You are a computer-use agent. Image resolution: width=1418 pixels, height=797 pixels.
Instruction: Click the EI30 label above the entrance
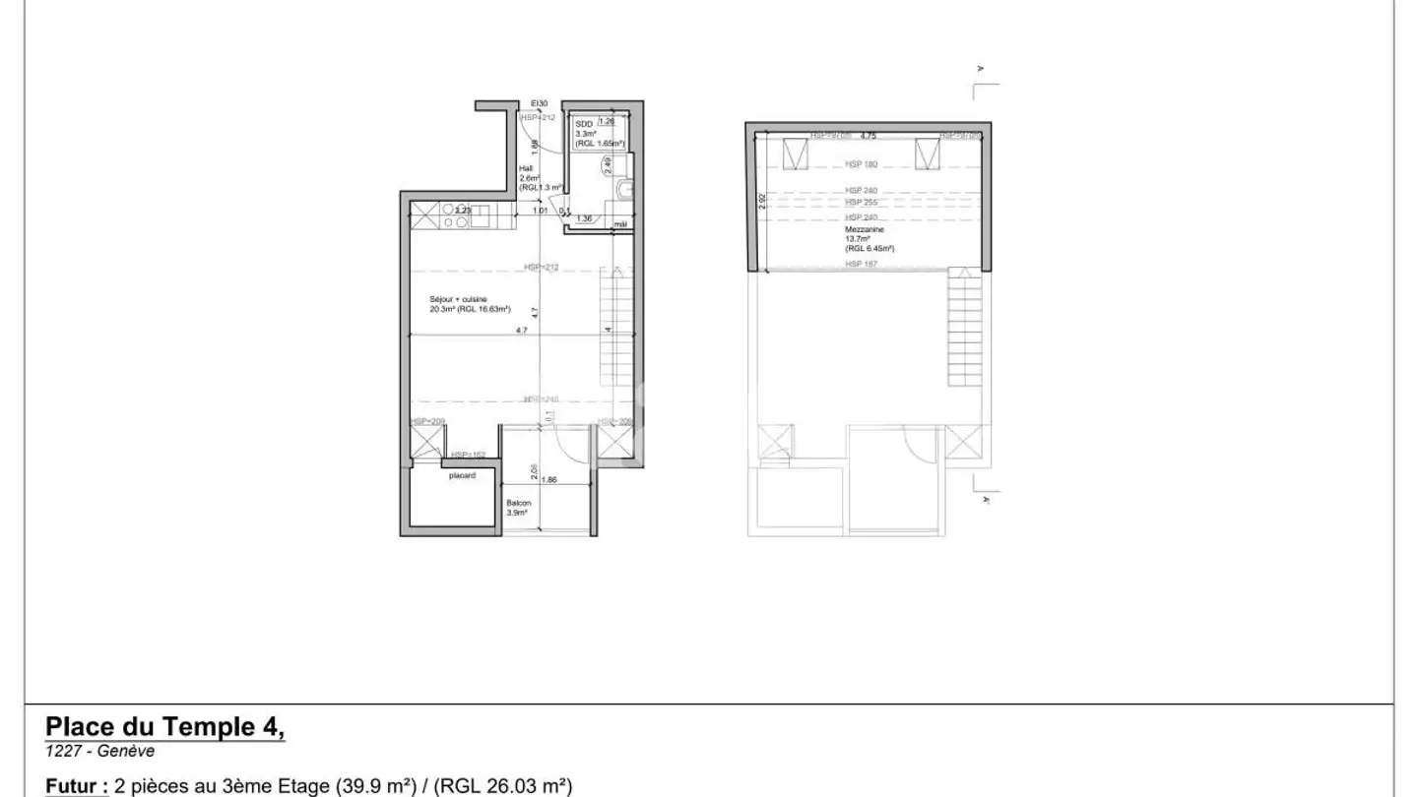[539, 103]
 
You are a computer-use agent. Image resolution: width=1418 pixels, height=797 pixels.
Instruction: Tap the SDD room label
[583, 125]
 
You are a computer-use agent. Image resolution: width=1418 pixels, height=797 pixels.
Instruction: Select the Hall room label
[526, 168]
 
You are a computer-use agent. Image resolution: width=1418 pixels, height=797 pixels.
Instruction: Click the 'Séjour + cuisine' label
[456, 299]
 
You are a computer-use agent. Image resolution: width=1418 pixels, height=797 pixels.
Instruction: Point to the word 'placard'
[463, 475]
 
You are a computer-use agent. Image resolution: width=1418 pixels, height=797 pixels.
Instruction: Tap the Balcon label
[519, 503]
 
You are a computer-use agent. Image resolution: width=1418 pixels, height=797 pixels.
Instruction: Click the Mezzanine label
[865, 229]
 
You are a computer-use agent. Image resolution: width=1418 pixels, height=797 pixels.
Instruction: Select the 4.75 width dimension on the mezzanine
[868, 136]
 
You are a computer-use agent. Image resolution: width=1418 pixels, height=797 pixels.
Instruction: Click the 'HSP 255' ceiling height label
[861, 203]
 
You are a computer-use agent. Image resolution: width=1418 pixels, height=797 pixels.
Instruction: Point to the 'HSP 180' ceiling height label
[861, 164]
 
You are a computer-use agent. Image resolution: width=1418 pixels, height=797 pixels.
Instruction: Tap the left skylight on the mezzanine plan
[794, 155]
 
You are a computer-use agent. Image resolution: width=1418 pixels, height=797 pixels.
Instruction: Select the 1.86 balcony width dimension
[549, 480]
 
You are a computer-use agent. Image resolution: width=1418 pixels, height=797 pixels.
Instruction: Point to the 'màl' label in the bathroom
[620, 224]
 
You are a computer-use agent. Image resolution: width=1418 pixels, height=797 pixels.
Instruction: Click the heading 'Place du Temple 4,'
[165, 727]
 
